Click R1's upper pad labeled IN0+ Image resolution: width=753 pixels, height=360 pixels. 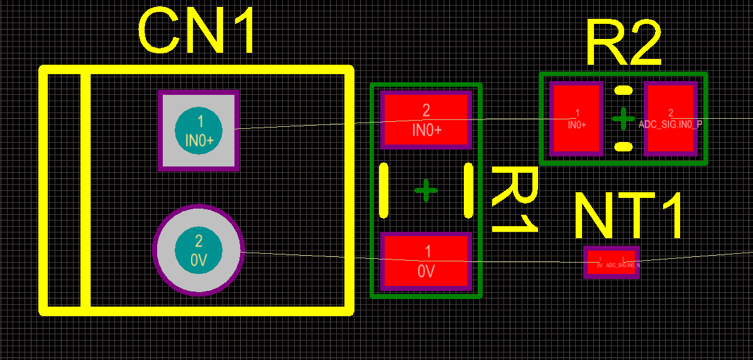[x=426, y=119]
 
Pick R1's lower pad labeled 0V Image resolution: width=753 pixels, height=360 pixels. [x=426, y=261]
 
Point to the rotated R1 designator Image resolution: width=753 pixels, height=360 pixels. [x=514, y=200]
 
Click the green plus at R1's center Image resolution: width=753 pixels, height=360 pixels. [x=426, y=190]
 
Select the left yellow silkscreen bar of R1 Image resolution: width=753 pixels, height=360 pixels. [x=383, y=190]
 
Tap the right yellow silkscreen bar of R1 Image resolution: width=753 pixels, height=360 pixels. [x=468, y=190]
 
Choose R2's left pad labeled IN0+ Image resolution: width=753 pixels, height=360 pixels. [x=576, y=119]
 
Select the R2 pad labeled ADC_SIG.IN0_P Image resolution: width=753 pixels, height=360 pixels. [x=670, y=119]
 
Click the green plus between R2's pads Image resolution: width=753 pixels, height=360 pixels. [x=623, y=118]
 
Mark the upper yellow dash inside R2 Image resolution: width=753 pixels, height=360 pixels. [x=623, y=90]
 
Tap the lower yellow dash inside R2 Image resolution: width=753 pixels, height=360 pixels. [x=623, y=146]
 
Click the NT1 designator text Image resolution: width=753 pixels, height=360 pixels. [x=628, y=217]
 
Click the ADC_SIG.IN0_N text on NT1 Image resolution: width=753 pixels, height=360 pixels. [x=623, y=265]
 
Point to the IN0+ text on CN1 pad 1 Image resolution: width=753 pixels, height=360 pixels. [x=199, y=141]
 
